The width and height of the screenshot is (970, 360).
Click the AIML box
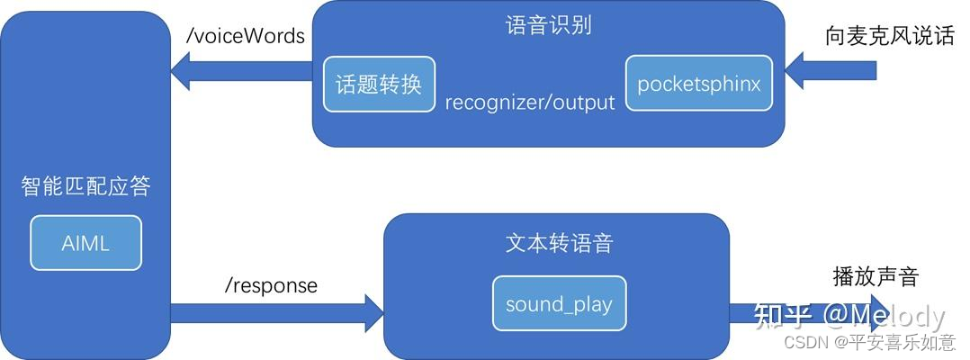point(85,243)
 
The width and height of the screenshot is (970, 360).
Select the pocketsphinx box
point(699,84)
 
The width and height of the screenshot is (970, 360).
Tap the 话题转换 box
point(378,85)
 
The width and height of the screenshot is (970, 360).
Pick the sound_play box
point(559,303)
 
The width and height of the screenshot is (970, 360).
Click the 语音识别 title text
point(549,24)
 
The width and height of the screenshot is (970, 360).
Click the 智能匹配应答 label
point(85,187)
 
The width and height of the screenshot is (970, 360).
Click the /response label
point(271,285)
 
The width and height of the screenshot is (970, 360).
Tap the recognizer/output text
point(530,103)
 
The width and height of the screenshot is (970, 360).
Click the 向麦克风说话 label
point(889,37)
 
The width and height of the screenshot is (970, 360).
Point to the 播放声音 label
point(876,276)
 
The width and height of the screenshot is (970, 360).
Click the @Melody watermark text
point(884,316)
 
